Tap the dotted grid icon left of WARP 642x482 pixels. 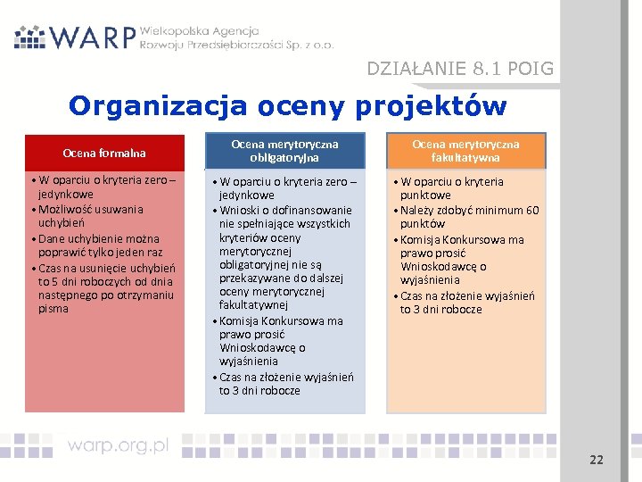tap(30, 37)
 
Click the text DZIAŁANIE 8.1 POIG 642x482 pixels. tap(460, 69)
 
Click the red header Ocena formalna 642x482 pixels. tap(104, 153)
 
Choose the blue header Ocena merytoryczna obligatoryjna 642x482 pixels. tap(284, 150)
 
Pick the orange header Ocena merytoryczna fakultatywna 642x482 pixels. tap(465, 150)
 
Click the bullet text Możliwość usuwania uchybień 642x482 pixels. tap(90, 216)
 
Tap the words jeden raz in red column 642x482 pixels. tap(143, 253)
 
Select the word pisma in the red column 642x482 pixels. tap(53, 309)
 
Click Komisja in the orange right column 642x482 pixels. tap(420, 239)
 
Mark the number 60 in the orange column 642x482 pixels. tap(531, 211)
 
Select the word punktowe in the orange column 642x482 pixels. tap(425, 195)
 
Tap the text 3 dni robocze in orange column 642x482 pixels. tap(440, 310)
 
